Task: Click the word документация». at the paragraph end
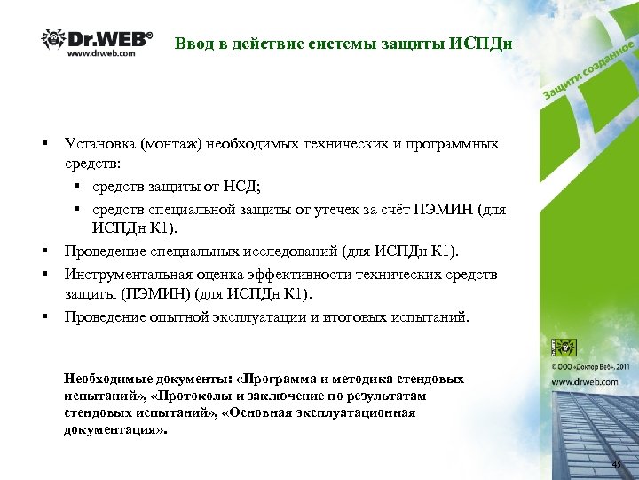(x=114, y=429)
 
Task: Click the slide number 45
(x=616, y=466)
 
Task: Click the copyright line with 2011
(x=591, y=364)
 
